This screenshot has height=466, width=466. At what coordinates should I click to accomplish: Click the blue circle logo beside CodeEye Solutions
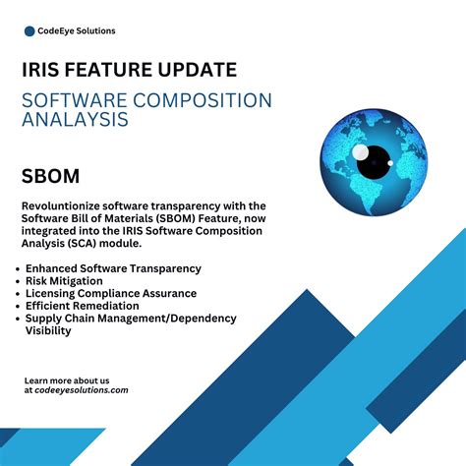pos(29,30)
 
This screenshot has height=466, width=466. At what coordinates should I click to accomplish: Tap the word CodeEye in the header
pos(59,30)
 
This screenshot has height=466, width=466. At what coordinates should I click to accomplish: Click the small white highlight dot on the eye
pos(361,152)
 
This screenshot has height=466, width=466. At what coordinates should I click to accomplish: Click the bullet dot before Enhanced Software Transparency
pos(19,268)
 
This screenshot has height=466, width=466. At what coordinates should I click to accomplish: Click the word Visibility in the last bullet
pos(49,331)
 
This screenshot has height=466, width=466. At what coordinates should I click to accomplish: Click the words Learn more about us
pos(66,379)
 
